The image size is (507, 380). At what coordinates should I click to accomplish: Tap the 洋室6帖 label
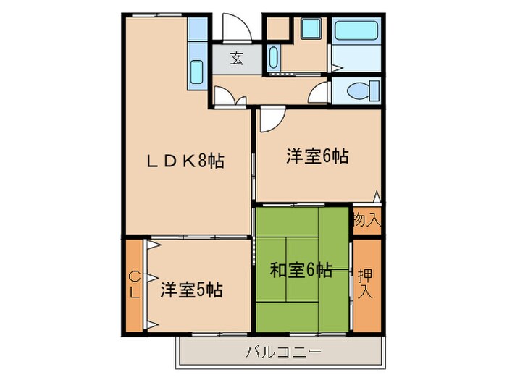[317, 156]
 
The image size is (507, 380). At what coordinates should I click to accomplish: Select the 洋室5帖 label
[191, 290]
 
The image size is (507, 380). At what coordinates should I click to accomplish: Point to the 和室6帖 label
[301, 271]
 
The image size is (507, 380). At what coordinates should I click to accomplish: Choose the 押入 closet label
[366, 280]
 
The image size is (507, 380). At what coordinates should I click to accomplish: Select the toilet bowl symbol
[360, 90]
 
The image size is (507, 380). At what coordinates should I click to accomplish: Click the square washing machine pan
[311, 30]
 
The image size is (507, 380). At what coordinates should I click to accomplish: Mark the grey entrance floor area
[236, 59]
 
